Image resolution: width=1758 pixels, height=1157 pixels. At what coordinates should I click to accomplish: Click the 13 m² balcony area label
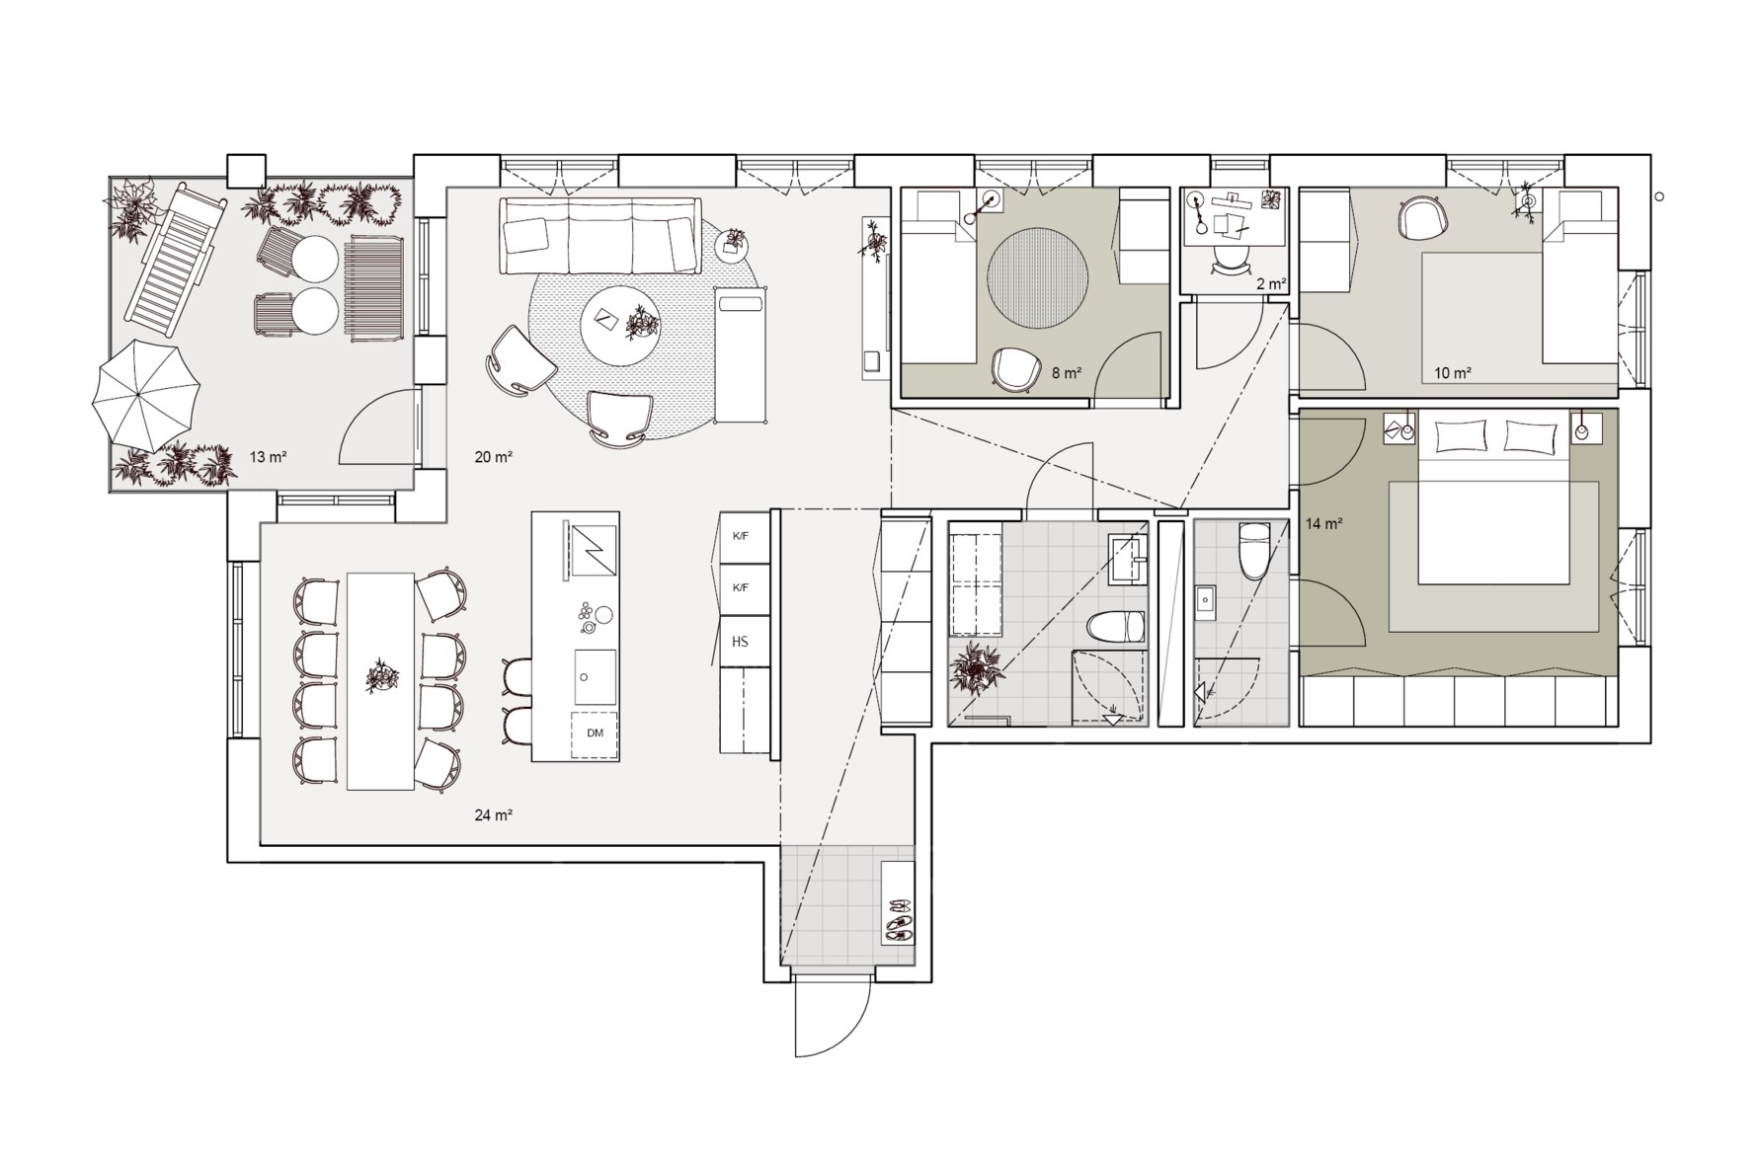pos(268,457)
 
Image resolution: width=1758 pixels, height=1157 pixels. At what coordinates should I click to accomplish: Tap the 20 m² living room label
pos(493,457)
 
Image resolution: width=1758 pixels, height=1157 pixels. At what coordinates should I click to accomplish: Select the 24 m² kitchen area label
pos(493,815)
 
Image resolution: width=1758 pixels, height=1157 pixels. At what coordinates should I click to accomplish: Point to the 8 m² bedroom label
pos(1067,373)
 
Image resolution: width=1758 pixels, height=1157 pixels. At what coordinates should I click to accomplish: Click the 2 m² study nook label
pos(1271,284)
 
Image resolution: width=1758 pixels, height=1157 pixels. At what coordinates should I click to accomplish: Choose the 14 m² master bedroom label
pos(1324,524)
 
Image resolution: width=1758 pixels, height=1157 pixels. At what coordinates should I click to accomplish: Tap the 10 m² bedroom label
pos(1453,373)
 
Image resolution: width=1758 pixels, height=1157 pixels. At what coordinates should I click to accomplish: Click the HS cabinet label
pos(740,642)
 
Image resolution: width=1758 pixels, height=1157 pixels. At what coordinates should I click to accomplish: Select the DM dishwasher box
pos(595,733)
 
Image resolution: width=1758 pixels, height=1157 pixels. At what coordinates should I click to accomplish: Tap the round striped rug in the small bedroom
pos(1038,277)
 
